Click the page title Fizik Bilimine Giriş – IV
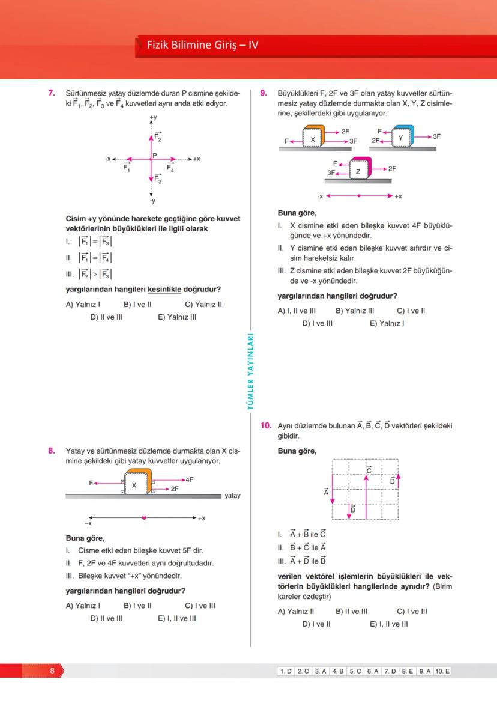[202, 45]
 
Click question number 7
[52, 93]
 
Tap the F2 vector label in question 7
[158, 136]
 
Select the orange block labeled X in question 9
[313, 138]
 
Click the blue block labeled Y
[401, 137]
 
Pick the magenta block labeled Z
[359, 171]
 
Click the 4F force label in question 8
[189, 479]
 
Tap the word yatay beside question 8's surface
[232, 496]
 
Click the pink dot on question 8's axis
[144, 517]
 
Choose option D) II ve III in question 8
[106, 618]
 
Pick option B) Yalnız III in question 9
[354, 311]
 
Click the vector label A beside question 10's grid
[327, 492]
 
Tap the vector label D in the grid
[393, 481]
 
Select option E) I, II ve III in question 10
[388, 624]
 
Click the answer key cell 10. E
[442, 671]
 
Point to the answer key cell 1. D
[285, 671]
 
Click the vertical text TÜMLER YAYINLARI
[251, 373]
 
